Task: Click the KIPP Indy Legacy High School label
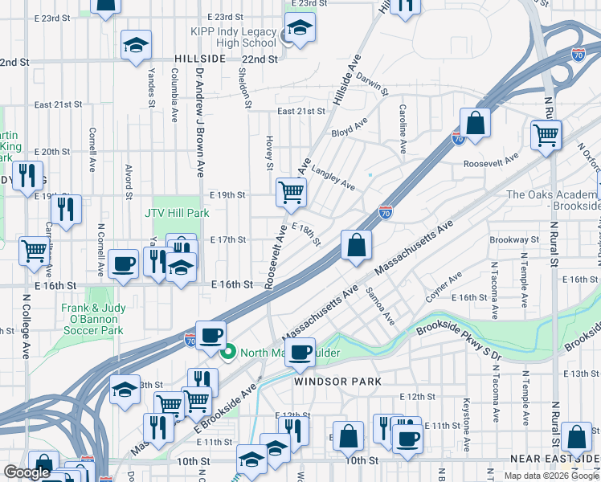235,37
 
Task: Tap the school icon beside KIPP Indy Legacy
300,30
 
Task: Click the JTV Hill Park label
177,213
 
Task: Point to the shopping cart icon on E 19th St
290,191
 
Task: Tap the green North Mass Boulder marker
228,352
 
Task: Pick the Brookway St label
514,239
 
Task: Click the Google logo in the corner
27,472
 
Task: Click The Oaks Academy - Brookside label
553,200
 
